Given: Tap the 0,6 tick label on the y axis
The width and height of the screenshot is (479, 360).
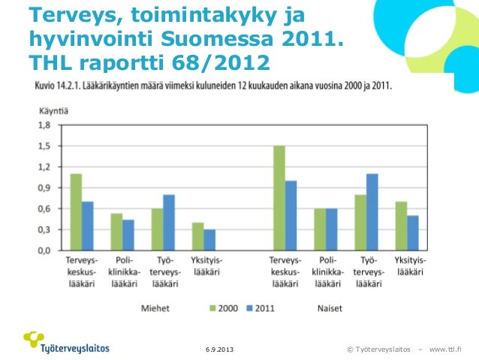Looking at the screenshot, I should click(x=46, y=208).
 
